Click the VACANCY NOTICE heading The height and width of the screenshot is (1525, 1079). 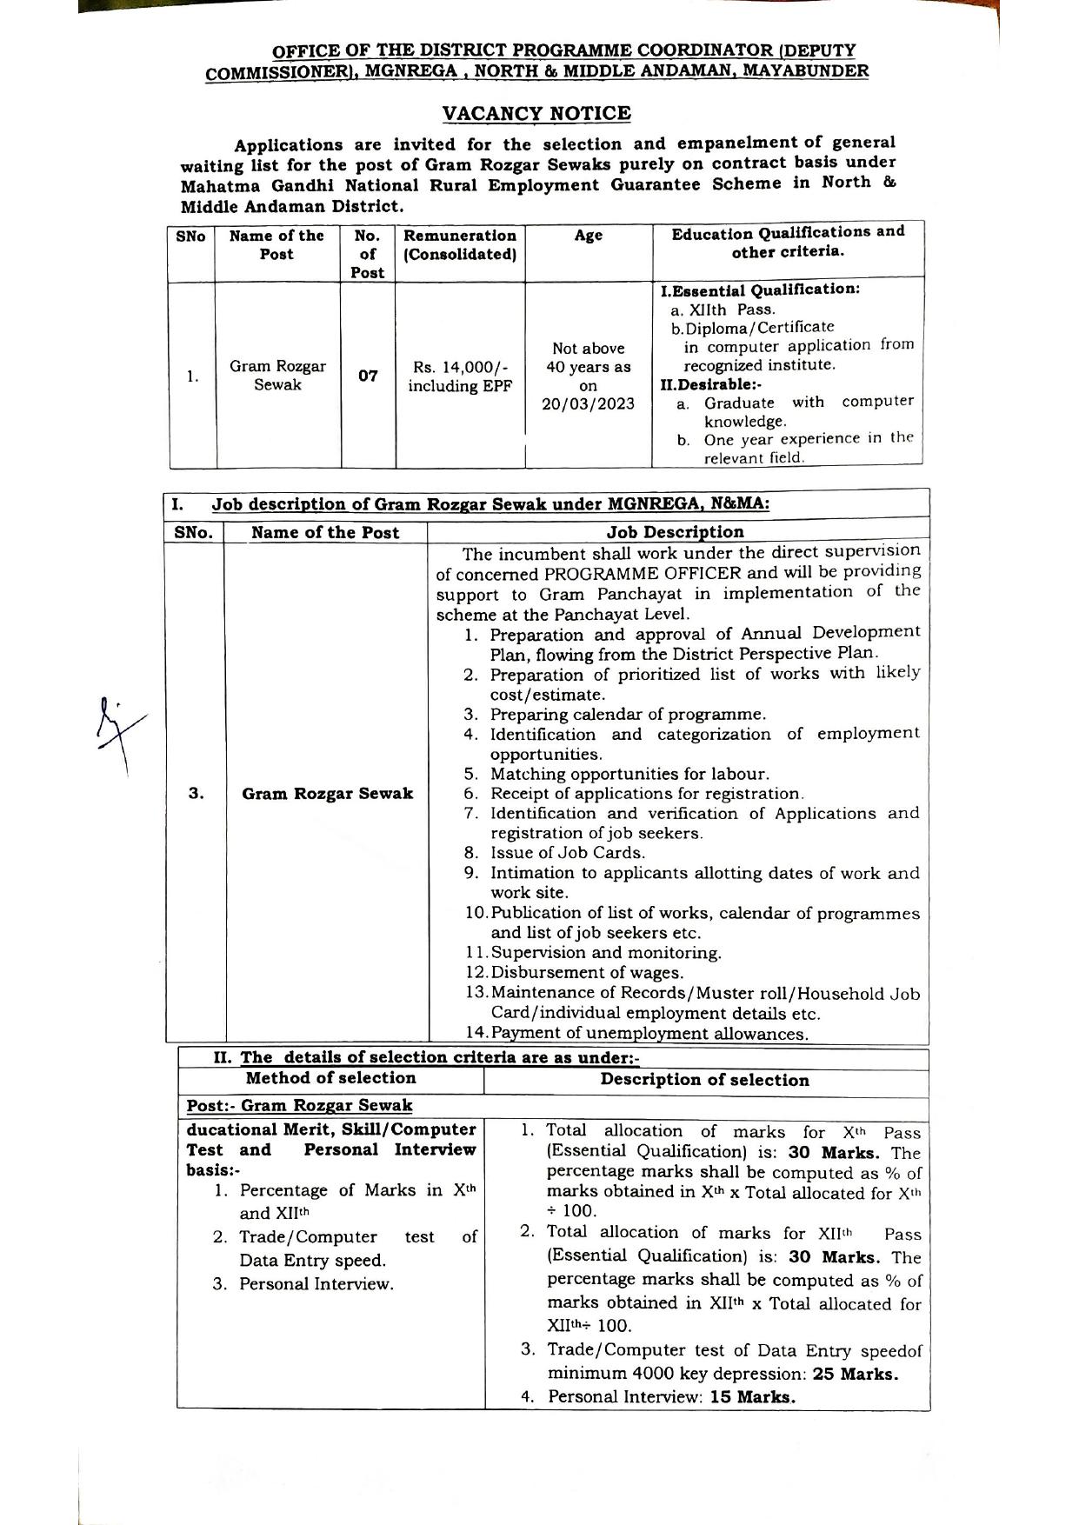pyautogui.click(x=536, y=114)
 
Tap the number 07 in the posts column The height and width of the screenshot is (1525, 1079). pyautogui.click(x=368, y=376)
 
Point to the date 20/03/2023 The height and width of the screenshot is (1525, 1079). pyautogui.click(x=588, y=404)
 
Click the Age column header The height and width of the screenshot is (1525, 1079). pyautogui.click(x=588, y=236)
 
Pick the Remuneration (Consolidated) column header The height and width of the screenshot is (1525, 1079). pyautogui.click(x=460, y=244)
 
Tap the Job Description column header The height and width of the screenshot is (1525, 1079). pyautogui.click(x=675, y=532)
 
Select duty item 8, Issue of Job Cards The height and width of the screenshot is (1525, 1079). pyautogui.click(x=567, y=853)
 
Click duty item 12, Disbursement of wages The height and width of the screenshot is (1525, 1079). pyautogui.click(x=586, y=973)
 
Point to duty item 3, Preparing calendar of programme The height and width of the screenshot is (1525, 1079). pyautogui.click(x=627, y=715)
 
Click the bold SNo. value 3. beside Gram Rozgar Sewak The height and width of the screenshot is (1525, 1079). pyautogui.click(x=196, y=793)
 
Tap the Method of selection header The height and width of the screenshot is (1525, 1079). pyautogui.click(x=330, y=1078)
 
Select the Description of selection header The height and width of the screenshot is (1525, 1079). pyautogui.click(x=704, y=1080)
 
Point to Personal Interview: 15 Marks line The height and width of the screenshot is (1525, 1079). pyautogui.click(x=671, y=1397)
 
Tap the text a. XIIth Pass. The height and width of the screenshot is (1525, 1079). pyautogui.click(x=723, y=309)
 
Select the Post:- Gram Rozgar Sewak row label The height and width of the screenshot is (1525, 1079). pyautogui.click(x=299, y=1105)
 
